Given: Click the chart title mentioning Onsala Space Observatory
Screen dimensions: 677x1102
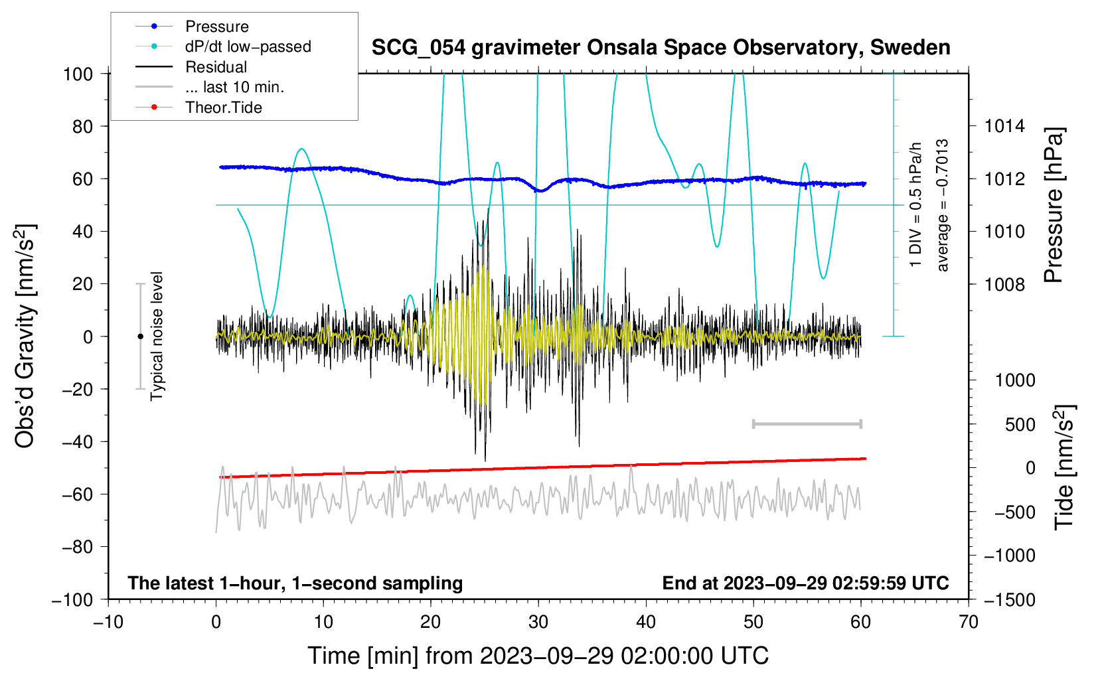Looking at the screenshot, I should click(x=661, y=48).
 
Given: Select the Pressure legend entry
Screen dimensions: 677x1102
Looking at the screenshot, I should click(x=216, y=27).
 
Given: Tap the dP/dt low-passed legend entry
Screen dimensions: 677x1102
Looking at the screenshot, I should click(x=248, y=46).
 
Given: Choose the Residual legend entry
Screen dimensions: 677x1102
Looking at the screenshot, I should click(x=216, y=67).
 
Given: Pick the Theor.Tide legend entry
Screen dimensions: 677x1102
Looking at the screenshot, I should click(x=223, y=108).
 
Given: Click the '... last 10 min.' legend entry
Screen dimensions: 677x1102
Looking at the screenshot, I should click(x=234, y=87).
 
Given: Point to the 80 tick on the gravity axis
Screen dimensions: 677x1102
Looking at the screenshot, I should click(x=82, y=126).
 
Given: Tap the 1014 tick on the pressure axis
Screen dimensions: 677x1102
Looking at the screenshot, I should click(x=1004, y=126).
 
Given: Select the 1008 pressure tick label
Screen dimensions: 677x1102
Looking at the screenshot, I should click(x=1004, y=284).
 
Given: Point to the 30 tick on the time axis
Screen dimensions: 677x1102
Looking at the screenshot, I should click(x=538, y=622).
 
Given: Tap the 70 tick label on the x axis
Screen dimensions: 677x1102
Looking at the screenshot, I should click(x=969, y=622).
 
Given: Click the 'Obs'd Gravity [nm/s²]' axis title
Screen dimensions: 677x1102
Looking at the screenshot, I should click(x=25, y=336).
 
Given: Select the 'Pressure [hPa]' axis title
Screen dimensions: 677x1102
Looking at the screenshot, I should click(x=1054, y=206).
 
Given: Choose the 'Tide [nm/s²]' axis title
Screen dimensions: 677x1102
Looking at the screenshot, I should click(x=1064, y=467).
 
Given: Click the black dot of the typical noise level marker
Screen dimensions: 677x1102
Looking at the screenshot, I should click(x=140, y=337).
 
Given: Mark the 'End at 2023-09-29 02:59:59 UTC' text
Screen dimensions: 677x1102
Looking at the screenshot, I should click(x=805, y=583).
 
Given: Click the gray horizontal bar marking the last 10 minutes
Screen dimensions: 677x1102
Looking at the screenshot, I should click(x=807, y=424).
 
